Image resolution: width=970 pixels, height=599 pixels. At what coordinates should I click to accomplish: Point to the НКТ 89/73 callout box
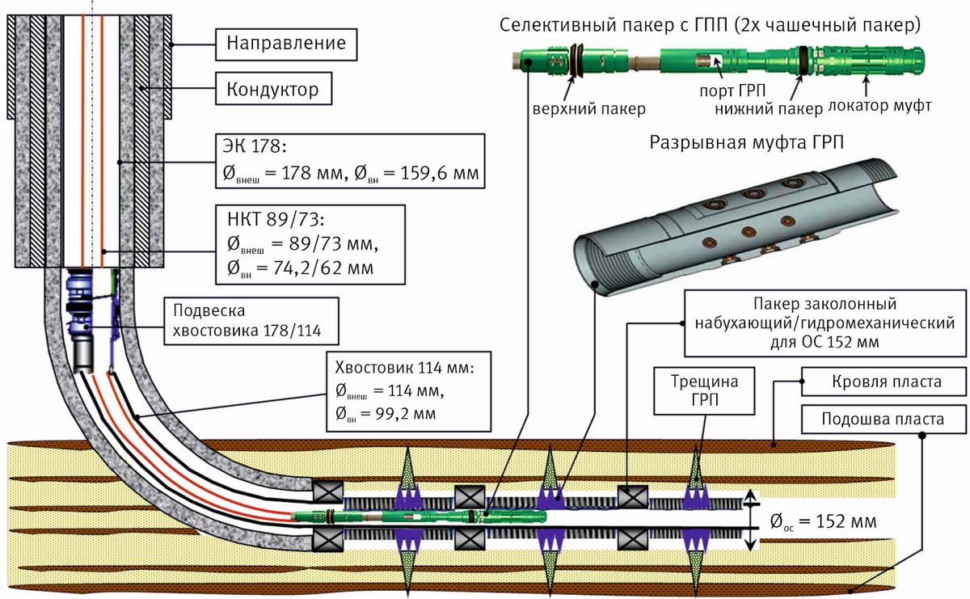[310, 244]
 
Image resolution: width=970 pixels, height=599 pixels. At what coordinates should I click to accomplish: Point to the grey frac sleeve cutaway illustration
[736, 218]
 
